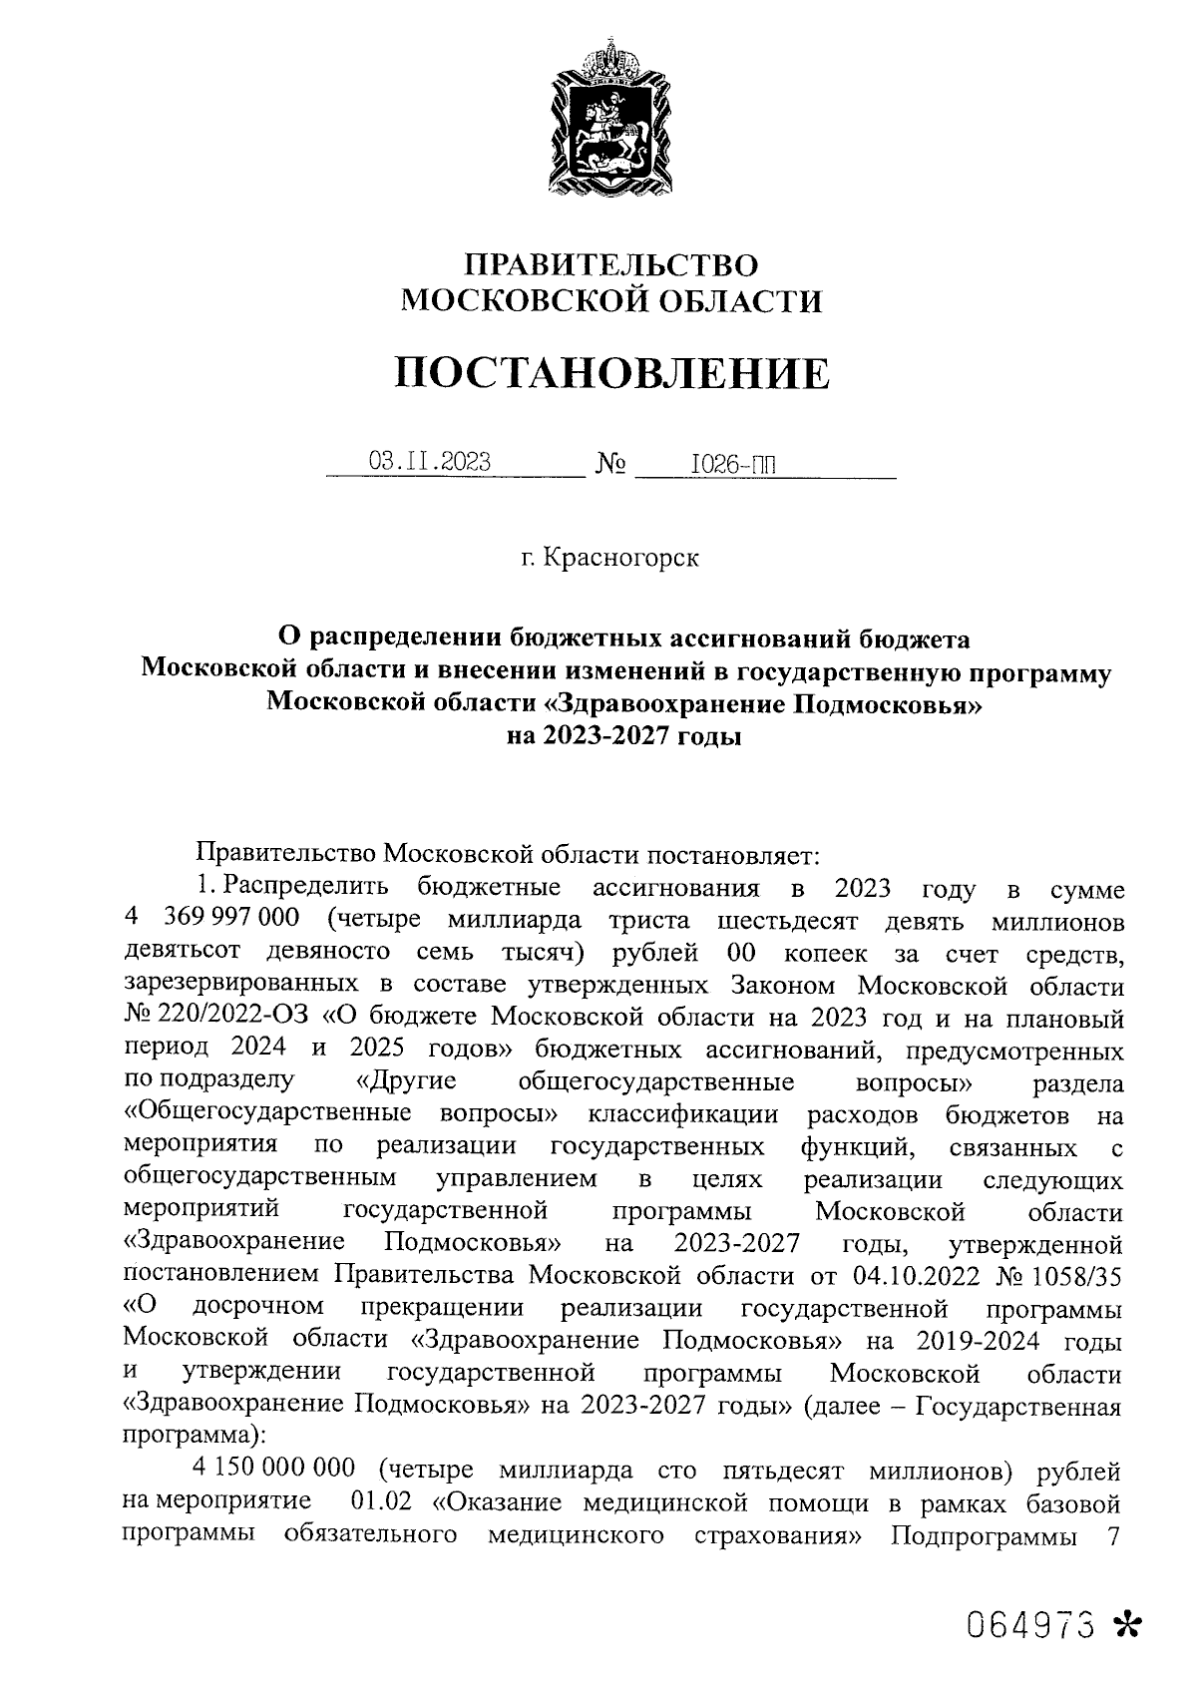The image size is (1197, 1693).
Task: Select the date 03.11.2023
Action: point(430,462)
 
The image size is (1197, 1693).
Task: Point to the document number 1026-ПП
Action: point(733,464)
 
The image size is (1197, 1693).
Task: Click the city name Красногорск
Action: point(620,558)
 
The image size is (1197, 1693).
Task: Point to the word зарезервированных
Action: point(259,987)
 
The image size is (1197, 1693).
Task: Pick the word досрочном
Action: point(258,1307)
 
